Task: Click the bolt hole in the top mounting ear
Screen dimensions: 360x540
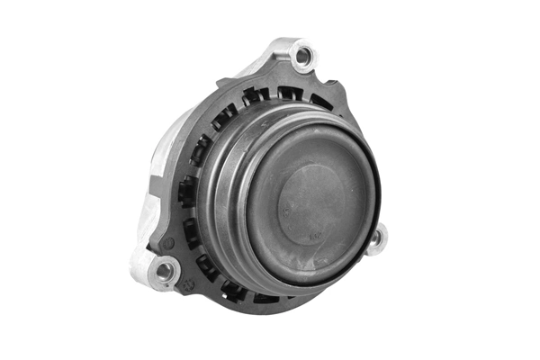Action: (304, 57)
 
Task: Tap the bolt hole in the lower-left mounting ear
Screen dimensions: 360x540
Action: (165, 268)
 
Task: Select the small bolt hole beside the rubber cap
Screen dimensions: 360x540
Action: (376, 238)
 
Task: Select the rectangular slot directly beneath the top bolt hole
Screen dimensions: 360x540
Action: (290, 92)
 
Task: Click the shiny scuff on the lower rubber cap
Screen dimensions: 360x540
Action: (297, 270)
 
